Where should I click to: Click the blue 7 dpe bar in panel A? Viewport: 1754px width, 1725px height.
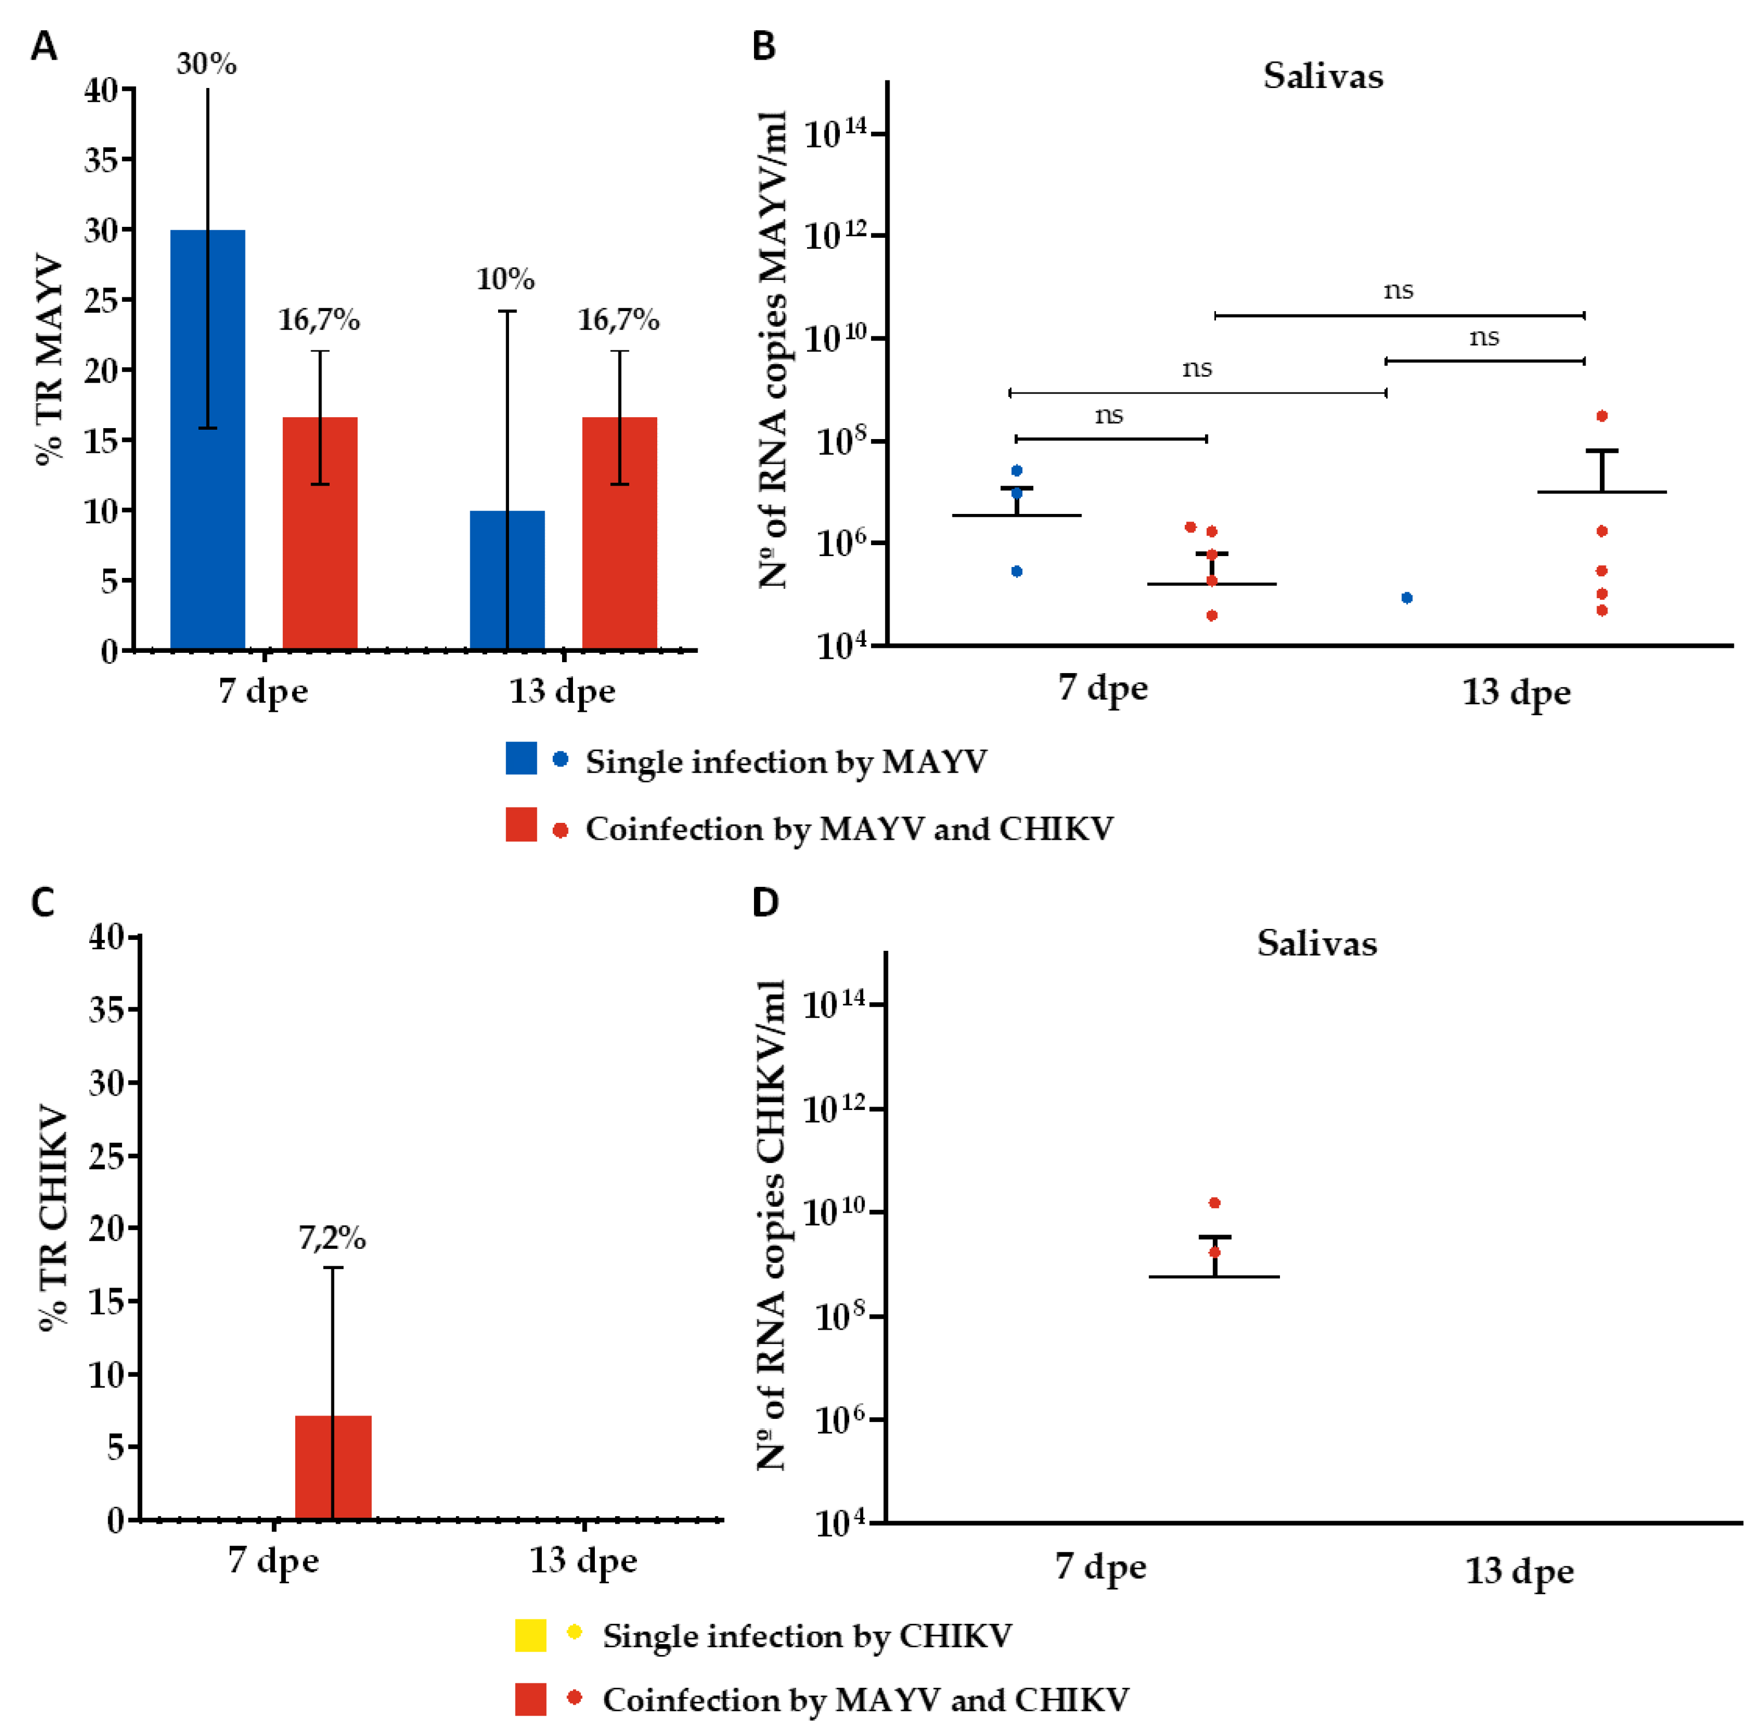(207, 440)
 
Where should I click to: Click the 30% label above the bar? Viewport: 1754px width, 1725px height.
(207, 65)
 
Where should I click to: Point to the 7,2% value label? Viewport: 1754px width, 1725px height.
(332, 1238)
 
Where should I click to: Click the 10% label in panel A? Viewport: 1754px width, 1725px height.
(506, 279)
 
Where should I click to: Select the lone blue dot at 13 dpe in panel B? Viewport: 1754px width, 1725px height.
(1406, 598)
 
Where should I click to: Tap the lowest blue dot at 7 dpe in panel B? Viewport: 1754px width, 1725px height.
(1016, 571)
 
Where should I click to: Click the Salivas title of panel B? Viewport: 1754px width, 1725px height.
(1323, 76)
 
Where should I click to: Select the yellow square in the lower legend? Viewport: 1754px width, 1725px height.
(530, 1635)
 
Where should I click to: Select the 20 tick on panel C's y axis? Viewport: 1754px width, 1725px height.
(107, 1229)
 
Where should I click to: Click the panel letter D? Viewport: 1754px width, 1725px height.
(765, 902)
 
